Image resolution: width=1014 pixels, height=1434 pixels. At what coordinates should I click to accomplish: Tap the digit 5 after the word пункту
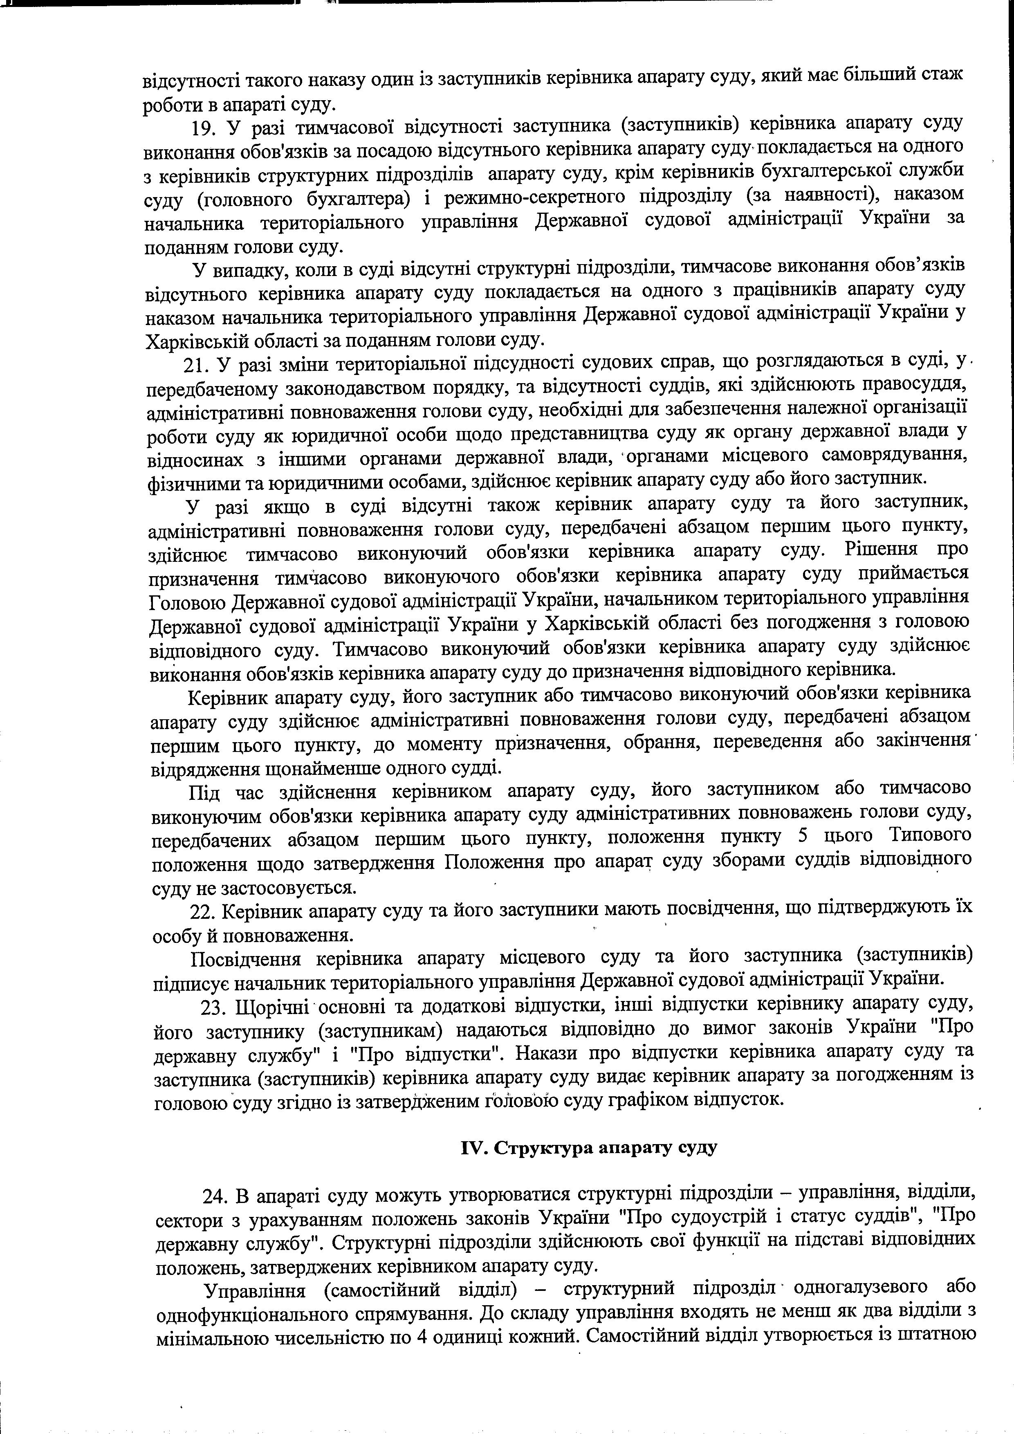tap(803, 836)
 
